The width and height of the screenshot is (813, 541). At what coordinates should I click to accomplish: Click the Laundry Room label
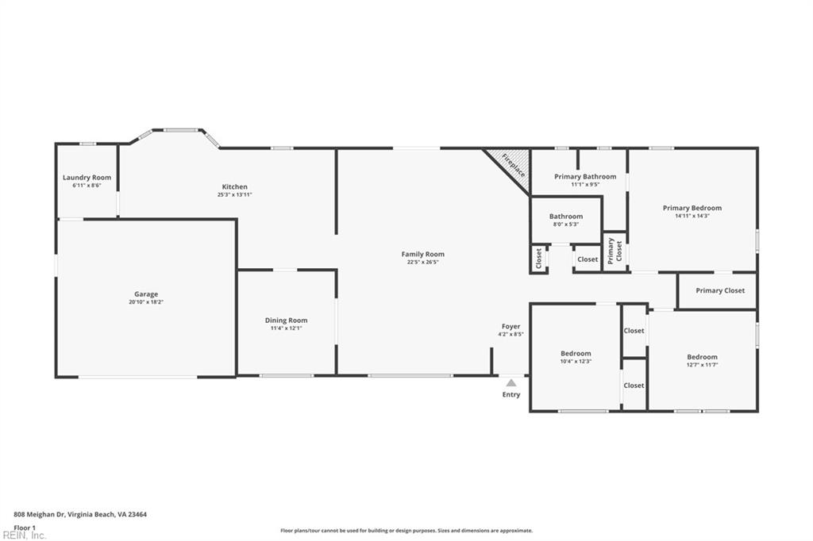[x=87, y=178]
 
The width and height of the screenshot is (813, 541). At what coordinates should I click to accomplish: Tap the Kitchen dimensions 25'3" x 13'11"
[x=234, y=194]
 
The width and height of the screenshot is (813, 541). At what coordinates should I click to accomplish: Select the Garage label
[x=146, y=294]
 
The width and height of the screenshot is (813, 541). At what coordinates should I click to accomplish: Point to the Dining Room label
[x=286, y=320]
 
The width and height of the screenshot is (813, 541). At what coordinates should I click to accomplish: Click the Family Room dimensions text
[x=422, y=262]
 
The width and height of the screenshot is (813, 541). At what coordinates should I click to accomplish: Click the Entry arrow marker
[x=511, y=383]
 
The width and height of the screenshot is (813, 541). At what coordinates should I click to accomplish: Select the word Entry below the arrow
[x=511, y=394]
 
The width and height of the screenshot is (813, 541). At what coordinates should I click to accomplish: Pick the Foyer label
[x=511, y=326]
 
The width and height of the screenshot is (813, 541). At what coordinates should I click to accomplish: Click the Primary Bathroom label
[x=585, y=176]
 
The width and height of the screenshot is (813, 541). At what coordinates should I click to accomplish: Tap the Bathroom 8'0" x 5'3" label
[x=566, y=220]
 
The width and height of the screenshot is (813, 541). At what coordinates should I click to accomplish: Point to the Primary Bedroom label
[x=692, y=208]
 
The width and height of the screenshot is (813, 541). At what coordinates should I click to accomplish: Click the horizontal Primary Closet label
[x=720, y=290]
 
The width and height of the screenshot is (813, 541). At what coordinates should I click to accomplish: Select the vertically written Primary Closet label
[x=615, y=251]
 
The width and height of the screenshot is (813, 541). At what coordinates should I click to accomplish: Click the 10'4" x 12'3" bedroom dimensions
[x=576, y=362]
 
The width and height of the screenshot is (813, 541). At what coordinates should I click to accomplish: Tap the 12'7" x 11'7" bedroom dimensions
[x=702, y=365]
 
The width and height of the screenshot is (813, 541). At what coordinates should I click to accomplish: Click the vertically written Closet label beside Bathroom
[x=539, y=259]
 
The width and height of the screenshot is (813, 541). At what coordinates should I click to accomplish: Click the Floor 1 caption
[x=25, y=527]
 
